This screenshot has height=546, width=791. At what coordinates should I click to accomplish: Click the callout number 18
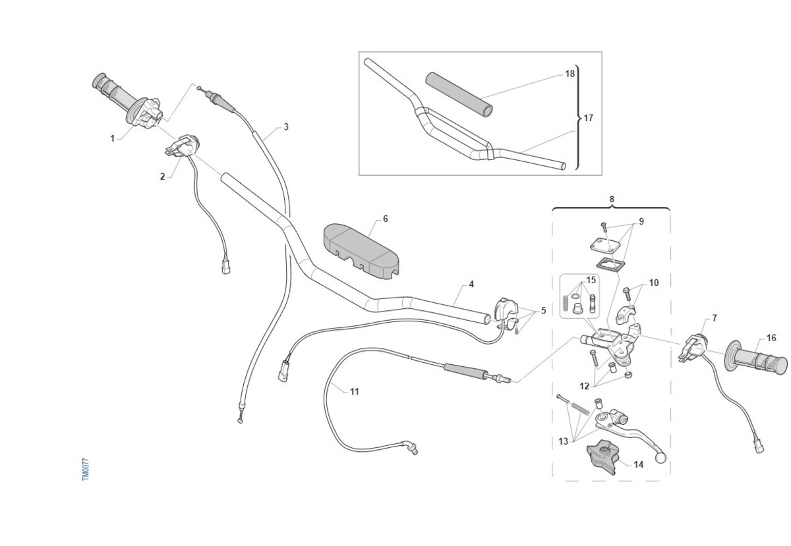[x=570, y=74]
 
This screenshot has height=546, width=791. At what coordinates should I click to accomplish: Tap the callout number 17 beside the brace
[x=588, y=118]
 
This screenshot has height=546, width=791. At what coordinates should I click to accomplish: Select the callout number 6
[x=385, y=219]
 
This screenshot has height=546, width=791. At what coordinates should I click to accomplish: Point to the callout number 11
[x=355, y=391]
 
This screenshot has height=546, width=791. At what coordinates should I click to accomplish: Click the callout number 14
[x=639, y=464]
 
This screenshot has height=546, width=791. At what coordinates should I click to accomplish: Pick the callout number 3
[x=286, y=126]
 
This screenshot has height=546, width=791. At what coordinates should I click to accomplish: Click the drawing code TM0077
[x=86, y=470]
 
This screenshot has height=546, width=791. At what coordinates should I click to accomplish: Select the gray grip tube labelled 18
[x=459, y=95]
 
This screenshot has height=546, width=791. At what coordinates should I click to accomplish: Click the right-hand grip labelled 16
[x=755, y=360]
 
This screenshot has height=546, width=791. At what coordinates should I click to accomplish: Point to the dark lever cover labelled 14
[x=603, y=458]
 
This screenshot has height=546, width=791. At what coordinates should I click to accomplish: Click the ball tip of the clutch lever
[x=660, y=458]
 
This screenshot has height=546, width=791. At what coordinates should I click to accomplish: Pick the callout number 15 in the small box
[x=591, y=280]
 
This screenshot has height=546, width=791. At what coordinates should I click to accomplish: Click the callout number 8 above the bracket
[x=612, y=200]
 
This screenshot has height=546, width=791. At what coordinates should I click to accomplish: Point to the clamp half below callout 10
[x=626, y=315]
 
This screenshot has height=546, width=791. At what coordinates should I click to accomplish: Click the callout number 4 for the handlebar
[x=471, y=284]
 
